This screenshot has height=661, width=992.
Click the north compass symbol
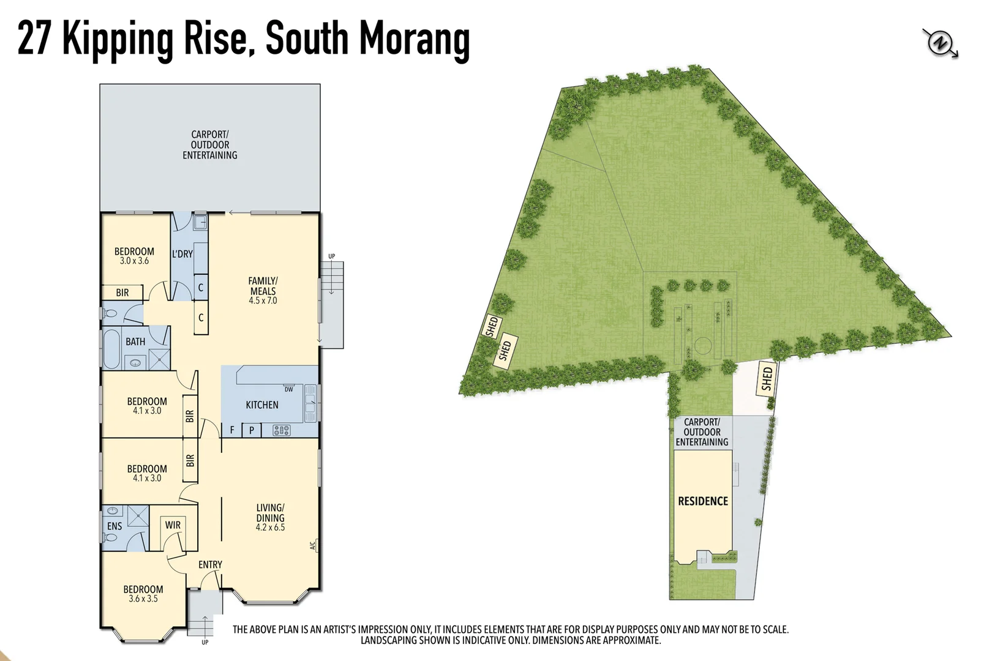coord(939,43)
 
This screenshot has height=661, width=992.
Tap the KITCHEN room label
coord(261,405)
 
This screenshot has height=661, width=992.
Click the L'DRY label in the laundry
coord(182,254)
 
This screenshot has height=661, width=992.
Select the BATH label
coord(135,342)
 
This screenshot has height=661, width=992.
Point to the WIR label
coord(173,525)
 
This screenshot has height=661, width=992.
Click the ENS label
coord(115,526)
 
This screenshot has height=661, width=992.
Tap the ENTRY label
coord(210,564)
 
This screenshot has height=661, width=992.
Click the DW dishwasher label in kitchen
coord(288,389)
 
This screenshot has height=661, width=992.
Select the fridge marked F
coord(232,430)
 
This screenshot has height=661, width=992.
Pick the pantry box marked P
coord(251,430)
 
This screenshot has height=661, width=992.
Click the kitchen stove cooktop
coord(281,430)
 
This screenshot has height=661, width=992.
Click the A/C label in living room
coord(312,545)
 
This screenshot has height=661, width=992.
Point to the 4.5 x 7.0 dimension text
coord(263,301)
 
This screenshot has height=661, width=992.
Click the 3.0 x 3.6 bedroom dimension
coord(134,261)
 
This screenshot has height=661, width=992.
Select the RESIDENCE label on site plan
coord(702,501)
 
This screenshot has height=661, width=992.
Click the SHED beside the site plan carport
coord(767,378)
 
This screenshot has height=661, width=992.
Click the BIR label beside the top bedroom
coord(122,293)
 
